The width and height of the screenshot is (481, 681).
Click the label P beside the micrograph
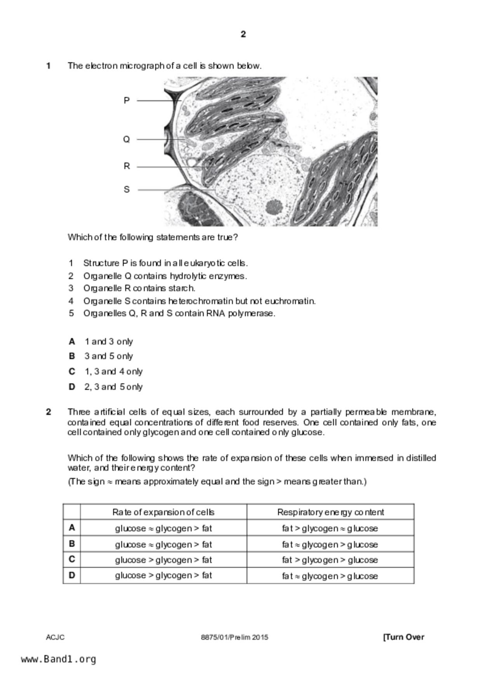pyautogui.click(x=127, y=101)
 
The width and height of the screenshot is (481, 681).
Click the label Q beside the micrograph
pyautogui.click(x=127, y=139)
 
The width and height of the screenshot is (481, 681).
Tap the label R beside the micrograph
pyautogui.click(x=127, y=166)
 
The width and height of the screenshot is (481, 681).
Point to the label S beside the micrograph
pyautogui.click(x=127, y=189)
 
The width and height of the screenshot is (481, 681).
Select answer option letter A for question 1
pyautogui.click(x=72, y=342)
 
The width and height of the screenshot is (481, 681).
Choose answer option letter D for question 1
pyautogui.click(x=72, y=387)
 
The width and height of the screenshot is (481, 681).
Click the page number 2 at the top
pyautogui.click(x=243, y=34)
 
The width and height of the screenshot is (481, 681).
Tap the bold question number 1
pyautogui.click(x=48, y=66)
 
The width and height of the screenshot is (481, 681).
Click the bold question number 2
pyautogui.click(x=48, y=412)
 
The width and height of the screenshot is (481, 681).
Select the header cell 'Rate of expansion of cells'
pyautogui.click(x=163, y=512)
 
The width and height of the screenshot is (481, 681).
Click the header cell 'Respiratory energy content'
pyautogui.click(x=330, y=512)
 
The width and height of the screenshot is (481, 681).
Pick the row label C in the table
pyautogui.click(x=72, y=559)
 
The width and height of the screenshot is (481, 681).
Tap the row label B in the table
pyautogui.click(x=72, y=544)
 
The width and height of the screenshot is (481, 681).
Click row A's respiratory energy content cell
pyautogui.click(x=330, y=528)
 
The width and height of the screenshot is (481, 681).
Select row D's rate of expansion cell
pyautogui.click(x=163, y=575)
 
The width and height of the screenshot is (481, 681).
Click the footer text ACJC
pyautogui.click(x=55, y=637)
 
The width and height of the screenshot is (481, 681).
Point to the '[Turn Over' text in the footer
pyautogui.click(x=403, y=637)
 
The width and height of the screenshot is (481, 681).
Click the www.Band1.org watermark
pyautogui.click(x=59, y=659)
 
